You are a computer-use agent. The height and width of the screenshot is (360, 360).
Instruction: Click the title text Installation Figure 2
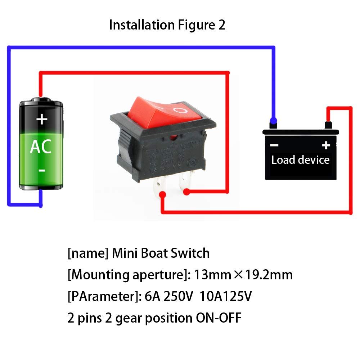(167, 25)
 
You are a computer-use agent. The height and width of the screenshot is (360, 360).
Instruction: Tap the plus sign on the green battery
(42, 119)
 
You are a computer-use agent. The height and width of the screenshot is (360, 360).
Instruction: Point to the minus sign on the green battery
(42, 170)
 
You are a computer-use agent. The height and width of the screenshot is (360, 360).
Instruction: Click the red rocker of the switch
(158, 112)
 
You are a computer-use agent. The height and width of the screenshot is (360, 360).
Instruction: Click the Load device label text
(300, 159)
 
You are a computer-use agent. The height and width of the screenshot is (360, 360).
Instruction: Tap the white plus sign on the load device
(326, 145)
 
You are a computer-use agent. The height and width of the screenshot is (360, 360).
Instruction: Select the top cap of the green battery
(41, 100)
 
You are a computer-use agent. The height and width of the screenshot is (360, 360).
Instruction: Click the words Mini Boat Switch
(161, 253)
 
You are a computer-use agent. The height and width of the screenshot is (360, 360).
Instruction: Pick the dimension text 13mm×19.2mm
(243, 275)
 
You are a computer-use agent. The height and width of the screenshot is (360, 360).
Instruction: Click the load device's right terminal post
(328, 125)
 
